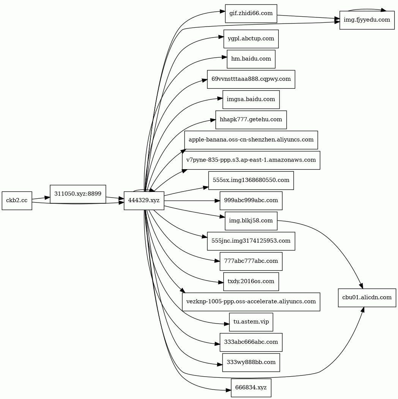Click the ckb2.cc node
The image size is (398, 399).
click(17, 200)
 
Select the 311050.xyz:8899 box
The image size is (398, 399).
click(78, 194)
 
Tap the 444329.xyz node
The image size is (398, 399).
click(144, 200)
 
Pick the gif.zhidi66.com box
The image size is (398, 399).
click(251, 14)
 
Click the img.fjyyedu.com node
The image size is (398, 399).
click(367, 20)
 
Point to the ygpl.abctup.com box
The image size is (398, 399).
click(251, 39)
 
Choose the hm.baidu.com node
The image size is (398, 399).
click(251, 59)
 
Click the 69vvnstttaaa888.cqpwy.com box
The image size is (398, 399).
click(251, 79)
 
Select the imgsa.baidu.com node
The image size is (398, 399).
click(251, 99)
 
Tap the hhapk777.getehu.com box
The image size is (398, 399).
click(251, 119)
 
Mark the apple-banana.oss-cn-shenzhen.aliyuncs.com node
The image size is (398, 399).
click(251, 140)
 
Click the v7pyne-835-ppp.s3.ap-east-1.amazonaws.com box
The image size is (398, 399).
click(251, 160)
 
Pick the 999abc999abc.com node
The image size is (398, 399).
click(251, 200)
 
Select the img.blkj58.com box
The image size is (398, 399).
click(251, 221)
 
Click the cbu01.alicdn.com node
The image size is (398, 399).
click(367, 297)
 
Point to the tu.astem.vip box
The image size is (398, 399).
click(251, 322)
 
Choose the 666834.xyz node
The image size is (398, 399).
click(251, 388)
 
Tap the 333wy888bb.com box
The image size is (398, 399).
click(251, 362)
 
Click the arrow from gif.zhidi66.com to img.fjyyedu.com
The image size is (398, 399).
click(308, 17)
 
